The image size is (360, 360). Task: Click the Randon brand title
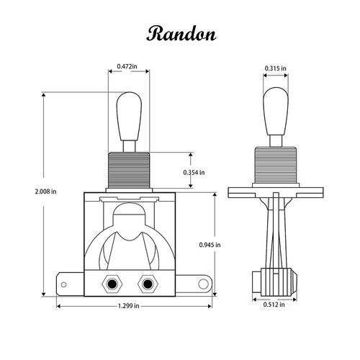click(179, 33)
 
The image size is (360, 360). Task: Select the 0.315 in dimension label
click(274, 68)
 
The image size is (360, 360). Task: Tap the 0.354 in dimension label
click(193, 172)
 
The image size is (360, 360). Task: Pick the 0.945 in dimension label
click(209, 245)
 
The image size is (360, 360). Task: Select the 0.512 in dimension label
click(273, 305)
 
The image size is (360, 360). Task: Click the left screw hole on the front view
click(113, 283)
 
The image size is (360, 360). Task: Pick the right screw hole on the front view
click(149, 283)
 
